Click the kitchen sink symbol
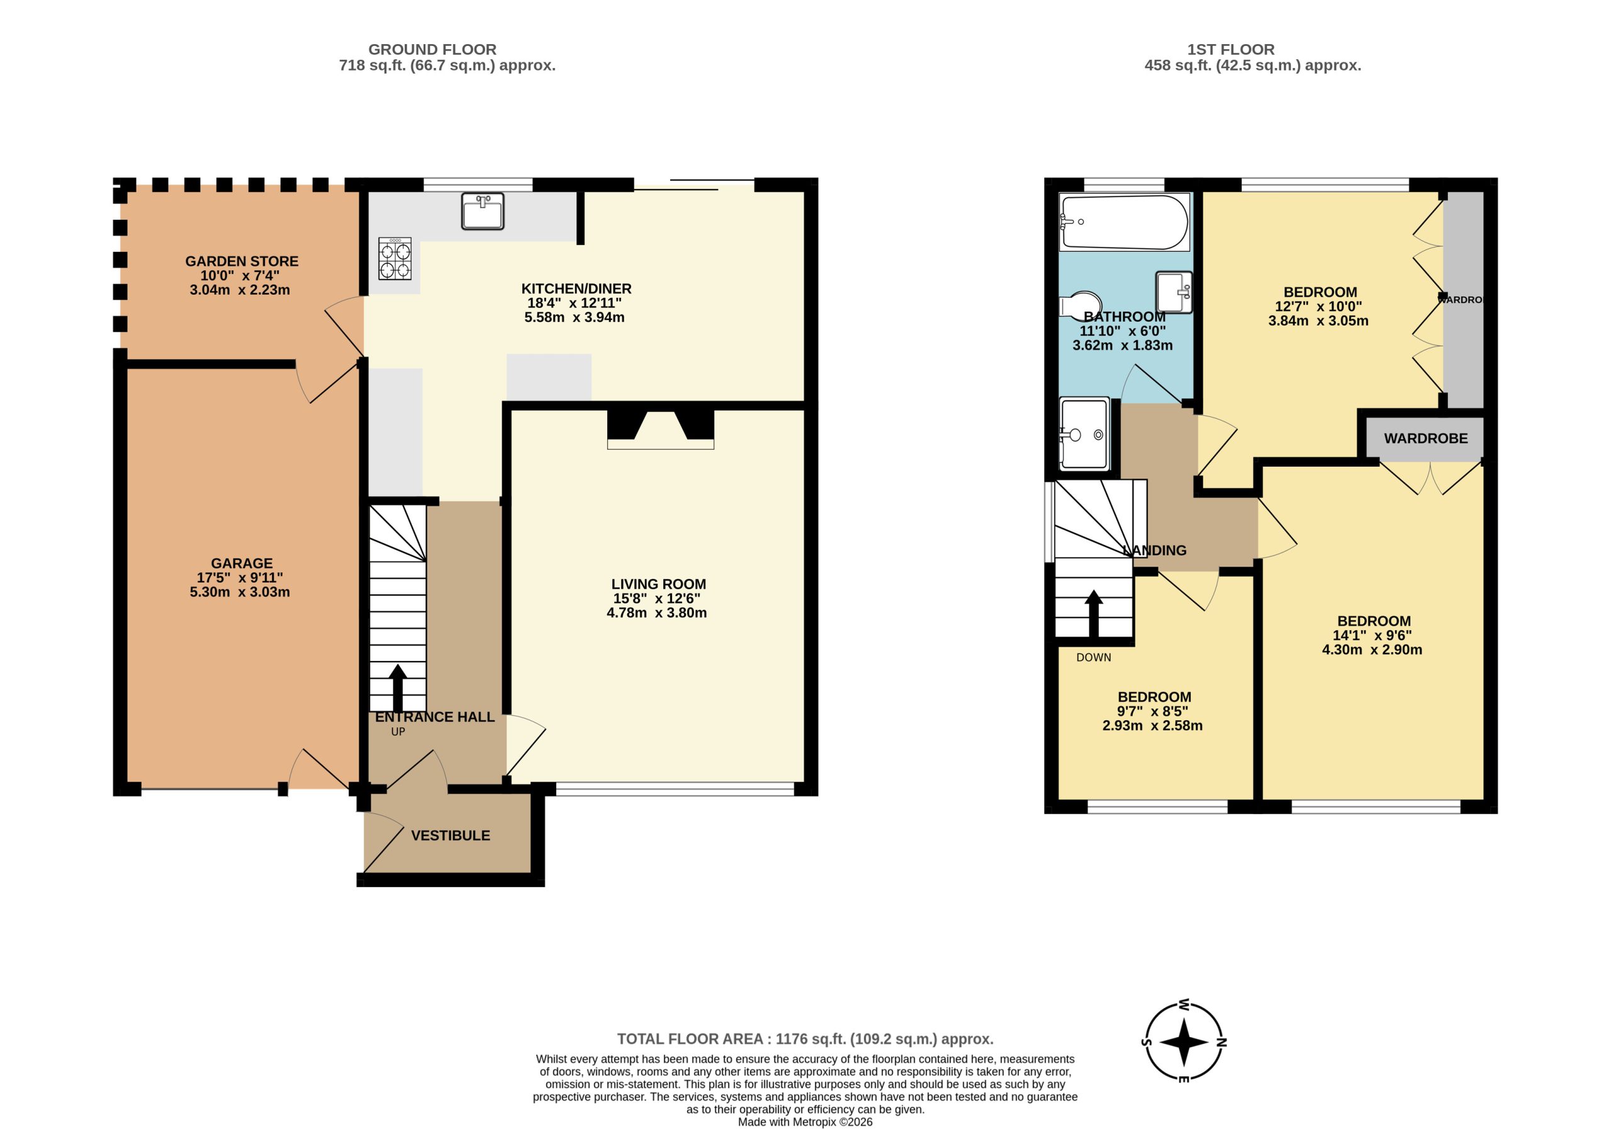[x=483, y=212]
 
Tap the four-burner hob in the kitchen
[x=395, y=258]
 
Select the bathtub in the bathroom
[x=1124, y=222]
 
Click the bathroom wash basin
[x=1174, y=292]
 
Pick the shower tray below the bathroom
[x=1084, y=433]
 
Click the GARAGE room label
[x=242, y=563]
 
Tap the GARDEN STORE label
[x=242, y=261]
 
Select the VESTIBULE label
[x=451, y=836]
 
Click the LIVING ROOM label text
[x=658, y=584]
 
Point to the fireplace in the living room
[x=660, y=429]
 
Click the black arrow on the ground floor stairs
[x=398, y=688]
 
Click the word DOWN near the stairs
[x=1094, y=658]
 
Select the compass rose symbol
[x=1184, y=1042]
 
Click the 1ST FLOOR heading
[x=1231, y=49]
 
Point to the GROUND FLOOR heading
[x=432, y=49]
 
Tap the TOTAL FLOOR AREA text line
[x=805, y=1039]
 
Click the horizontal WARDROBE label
[x=1426, y=438]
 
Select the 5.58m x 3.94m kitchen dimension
[x=574, y=317]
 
